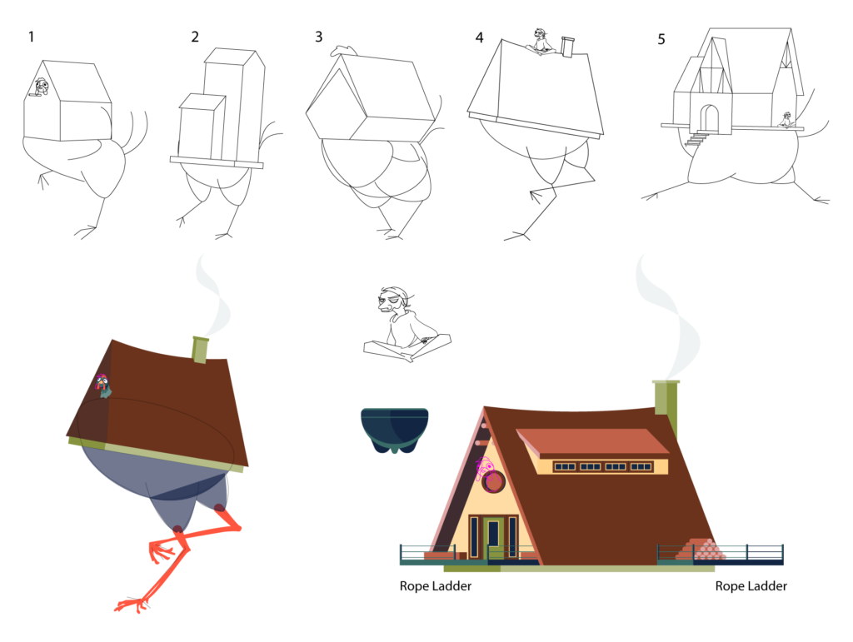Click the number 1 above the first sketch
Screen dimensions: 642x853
pyautogui.click(x=32, y=37)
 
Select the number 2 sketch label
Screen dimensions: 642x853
pyautogui.click(x=195, y=37)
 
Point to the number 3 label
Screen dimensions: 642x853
pyautogui.click(x=319, y=37)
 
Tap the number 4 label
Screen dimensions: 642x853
pyautogui.click(x=479, y=37)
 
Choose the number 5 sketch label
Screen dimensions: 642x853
pyautogui.click(x=661, y=39)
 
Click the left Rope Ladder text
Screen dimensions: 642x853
pyautogui.click(x=436, y=586)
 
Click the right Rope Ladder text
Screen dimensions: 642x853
pyautogui.click(x=751, y=586)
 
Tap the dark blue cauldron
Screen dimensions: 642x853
pyautogui.click(x=394, y=429)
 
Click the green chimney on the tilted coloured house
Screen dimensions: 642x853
pyautogui.click(x=201, y=350)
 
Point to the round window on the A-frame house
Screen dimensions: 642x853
pyautogui.click(x=494, y=481)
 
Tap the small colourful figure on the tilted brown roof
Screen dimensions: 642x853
pyautogui.click(x=102, y=386)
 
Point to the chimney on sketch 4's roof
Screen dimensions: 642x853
pyautogui.click(x=567, y=47)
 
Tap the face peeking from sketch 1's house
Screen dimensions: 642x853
pyautogui.click(x=40, y=85)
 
